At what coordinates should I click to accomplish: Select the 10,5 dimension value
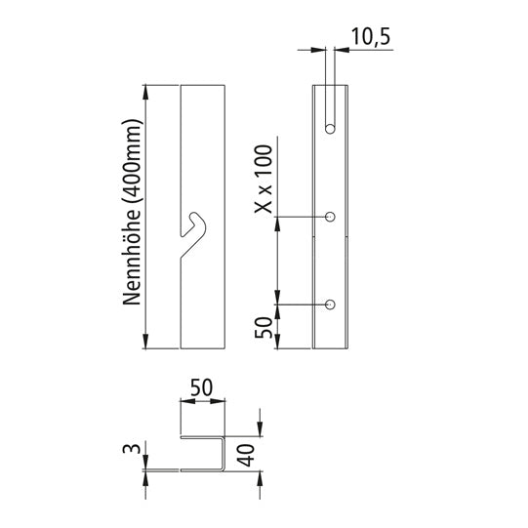click(x=370, y=37)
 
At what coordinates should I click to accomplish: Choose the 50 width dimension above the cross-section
click(x=203, y=387)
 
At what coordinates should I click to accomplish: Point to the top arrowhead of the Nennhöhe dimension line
click(x=146, y=93)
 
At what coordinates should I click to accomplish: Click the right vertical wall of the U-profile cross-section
click(x=224, y=454)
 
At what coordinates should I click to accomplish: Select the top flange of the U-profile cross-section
click(x=203, y=435)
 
